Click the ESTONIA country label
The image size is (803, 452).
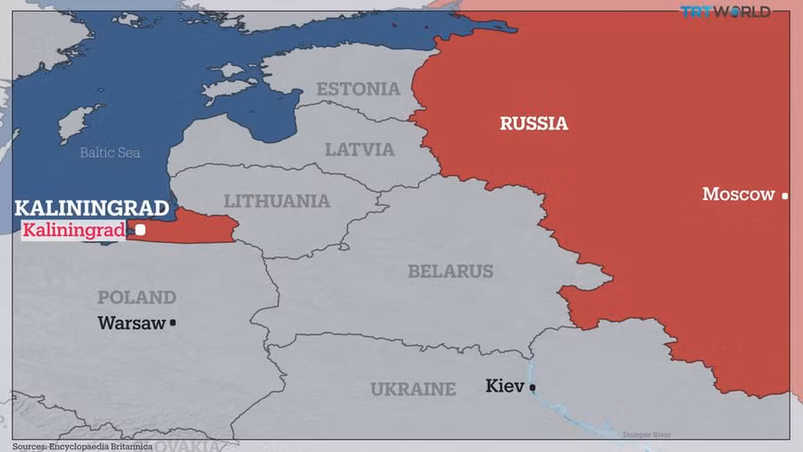coord(358,88)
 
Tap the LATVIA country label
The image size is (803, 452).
coord(360,149)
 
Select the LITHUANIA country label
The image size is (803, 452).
coord(277,201)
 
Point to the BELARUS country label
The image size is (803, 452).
coord(451,271)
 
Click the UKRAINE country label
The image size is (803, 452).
coord(413,389)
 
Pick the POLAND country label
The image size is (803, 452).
coord(137,297)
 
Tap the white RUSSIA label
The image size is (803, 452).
coord(534,123)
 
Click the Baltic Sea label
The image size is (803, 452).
coord(110,153)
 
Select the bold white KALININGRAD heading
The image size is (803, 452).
coord(91,209)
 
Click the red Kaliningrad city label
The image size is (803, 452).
coord(73,231)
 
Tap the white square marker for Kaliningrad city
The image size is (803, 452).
coord(140,230)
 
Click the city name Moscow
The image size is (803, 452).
coord(738,194)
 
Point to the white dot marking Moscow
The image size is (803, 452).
coord(785,196)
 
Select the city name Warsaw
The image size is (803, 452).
coord(131,322)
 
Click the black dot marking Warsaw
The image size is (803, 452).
coord(173,322)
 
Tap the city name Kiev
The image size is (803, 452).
coord(505,386)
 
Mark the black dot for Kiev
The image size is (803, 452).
coord(533,387)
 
